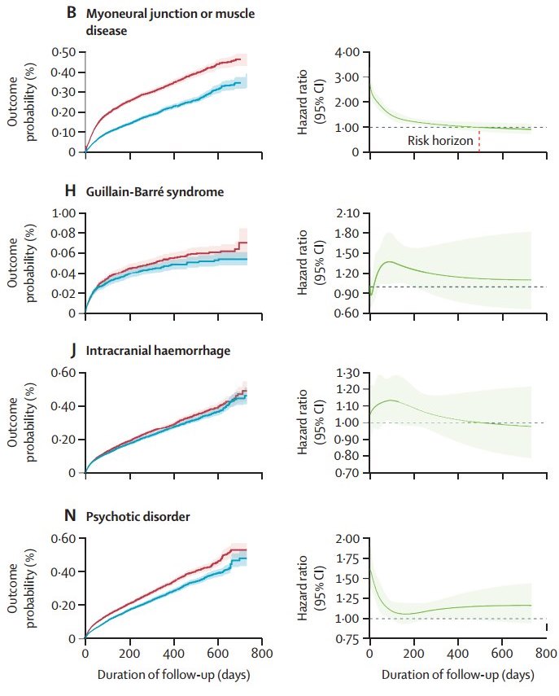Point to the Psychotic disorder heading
(x=140, y=516)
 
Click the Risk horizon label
(x=440, y=141)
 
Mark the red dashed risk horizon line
(x=479, y=142)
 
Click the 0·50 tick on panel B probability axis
(x=63, y=53)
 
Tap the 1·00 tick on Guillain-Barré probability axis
(x=63, y=213)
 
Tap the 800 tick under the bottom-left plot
(x=260, y=653)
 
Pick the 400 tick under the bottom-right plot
(x=458, y=653)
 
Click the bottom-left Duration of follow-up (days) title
(x=173, y=674)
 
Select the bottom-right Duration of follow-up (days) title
(x=458, y=674)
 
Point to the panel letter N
(x=70, y=516)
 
